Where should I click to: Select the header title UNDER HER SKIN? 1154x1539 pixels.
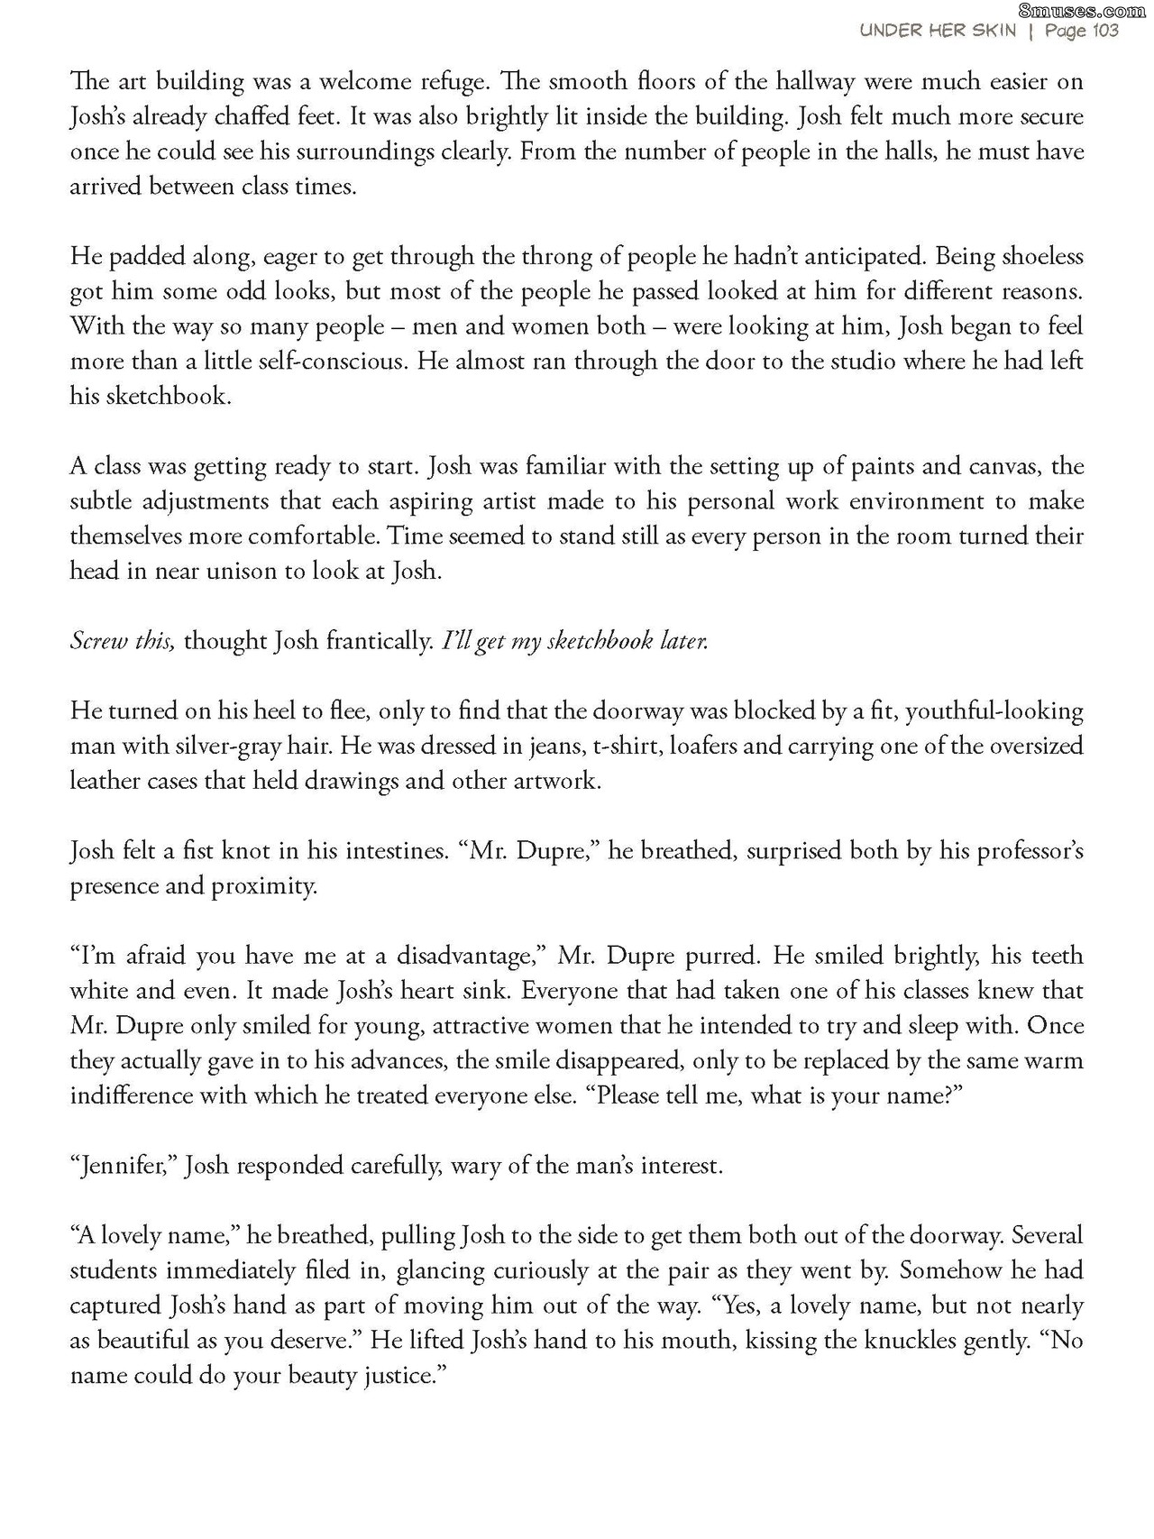(x=938, y=32)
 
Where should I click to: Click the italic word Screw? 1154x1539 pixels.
(x=96, y=642)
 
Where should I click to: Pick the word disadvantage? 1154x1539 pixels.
(x=462, y=957)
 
